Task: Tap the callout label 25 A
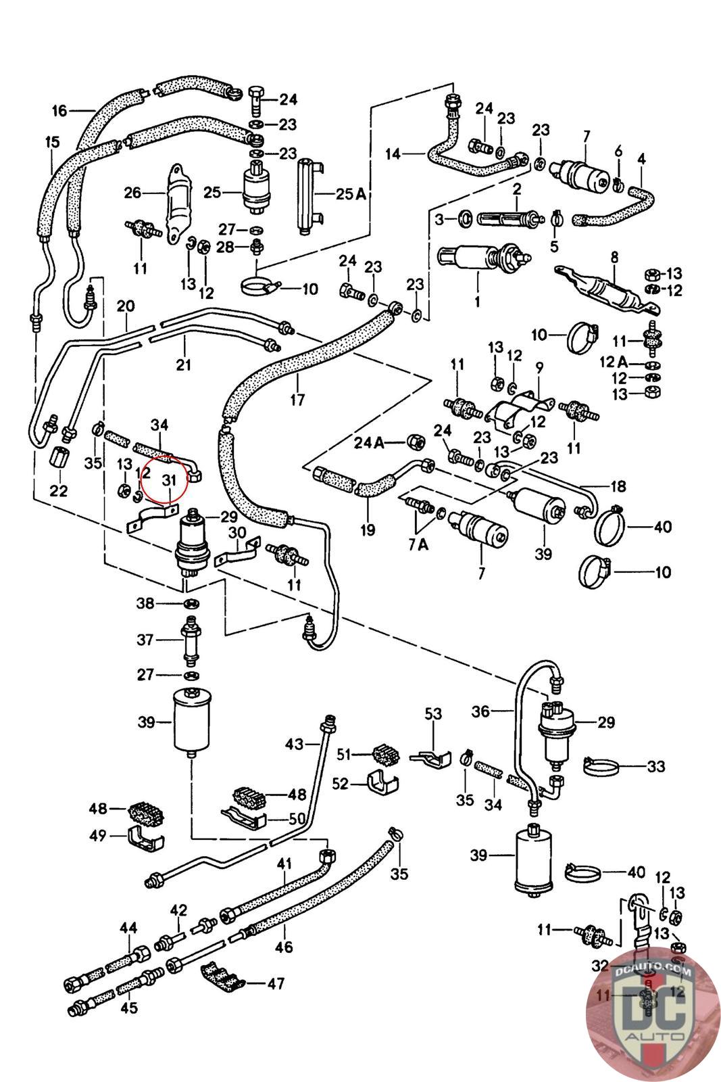point(351,194)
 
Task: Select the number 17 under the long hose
point(297,400)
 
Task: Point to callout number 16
point(59,110)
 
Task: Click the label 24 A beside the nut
point(368,443)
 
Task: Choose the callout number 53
point(433,714)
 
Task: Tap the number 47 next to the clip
point(275,983)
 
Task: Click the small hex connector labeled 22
point(59,461)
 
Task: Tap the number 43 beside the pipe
point(294,745)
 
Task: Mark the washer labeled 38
point(191,603)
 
